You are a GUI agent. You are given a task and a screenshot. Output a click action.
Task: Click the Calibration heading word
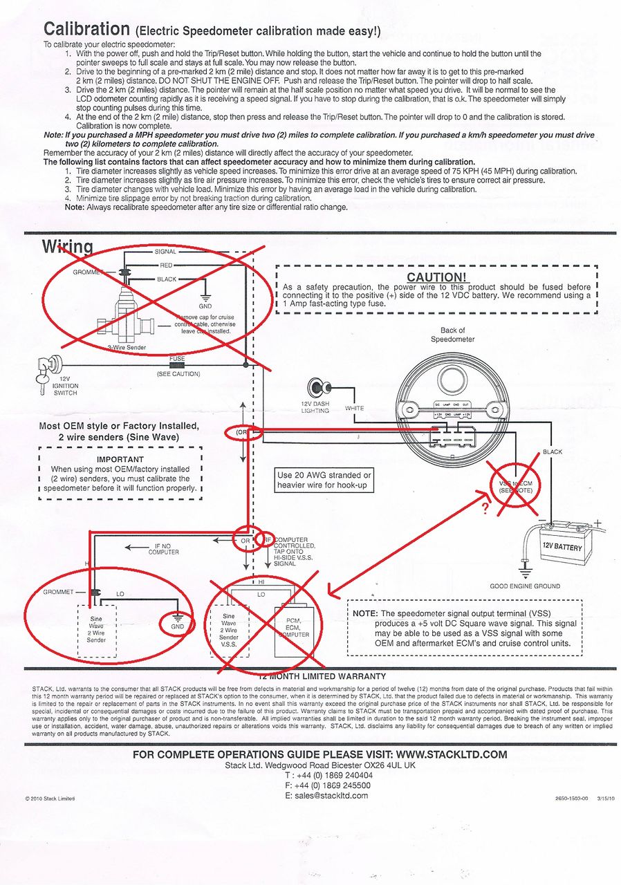coord(86,29)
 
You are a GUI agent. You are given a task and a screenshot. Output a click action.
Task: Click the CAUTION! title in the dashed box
coord(436,277)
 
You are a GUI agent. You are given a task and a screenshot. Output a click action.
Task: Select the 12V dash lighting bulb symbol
coord(319,388)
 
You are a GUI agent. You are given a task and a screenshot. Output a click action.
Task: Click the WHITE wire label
coord(354,409)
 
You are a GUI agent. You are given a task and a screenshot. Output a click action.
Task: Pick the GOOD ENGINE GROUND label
coord(535,586)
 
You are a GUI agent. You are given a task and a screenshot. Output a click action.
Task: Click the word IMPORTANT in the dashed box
coord(120,459)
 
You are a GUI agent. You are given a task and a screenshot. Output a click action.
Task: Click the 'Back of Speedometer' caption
coord(453,335)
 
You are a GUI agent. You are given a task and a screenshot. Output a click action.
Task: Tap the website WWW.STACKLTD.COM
coord(452,754)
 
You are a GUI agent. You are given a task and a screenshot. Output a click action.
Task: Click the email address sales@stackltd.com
coord(326,795)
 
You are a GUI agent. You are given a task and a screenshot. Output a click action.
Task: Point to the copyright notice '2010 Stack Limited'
coord(50,799)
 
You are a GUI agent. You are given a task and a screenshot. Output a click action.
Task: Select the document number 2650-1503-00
coord(571,798)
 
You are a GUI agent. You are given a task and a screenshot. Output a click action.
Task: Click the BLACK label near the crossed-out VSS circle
coord(553,452)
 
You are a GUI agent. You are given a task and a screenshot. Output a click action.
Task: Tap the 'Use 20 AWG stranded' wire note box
coord(324,480)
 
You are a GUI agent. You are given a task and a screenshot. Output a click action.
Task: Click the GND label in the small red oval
coord(178,626)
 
